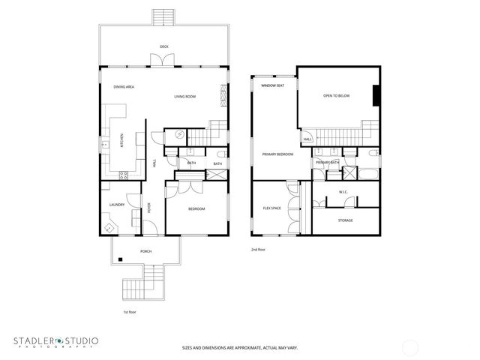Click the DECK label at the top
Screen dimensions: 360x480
pos(163,46)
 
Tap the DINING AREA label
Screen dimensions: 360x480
pos(124,87)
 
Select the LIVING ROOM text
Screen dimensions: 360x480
pos(185,97)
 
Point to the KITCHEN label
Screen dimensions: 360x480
pos(122,140)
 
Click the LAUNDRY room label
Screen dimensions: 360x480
pos(116,204)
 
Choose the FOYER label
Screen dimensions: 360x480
pos(148,209)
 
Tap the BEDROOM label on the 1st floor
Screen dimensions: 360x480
pos(196,208)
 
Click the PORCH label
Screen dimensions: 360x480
pos(145,251)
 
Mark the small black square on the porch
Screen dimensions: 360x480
pos(119,260)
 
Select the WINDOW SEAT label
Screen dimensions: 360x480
pos(271,86)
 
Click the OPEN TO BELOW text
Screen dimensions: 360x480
pos(337,96)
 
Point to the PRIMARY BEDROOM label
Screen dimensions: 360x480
pos(277,154)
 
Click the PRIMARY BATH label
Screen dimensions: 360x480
pos(327,162)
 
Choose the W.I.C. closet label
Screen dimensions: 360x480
pos(343,191)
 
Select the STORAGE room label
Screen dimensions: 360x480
pos(345,220)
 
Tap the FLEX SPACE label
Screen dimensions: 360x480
pos(271,208)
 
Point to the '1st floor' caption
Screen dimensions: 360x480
pos(130,310)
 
